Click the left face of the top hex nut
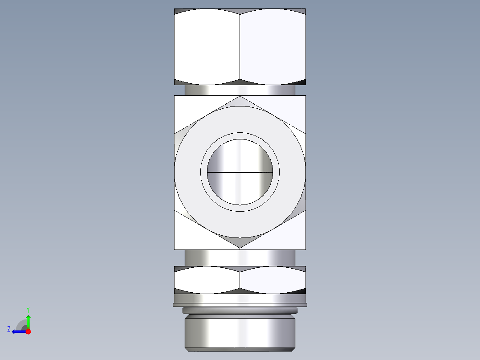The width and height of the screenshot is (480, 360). coord(207,47)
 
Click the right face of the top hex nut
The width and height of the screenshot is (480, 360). coord(273,47)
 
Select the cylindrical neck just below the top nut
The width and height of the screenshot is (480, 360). coord(240,90)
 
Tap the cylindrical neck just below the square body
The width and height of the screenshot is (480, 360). coord(240,257)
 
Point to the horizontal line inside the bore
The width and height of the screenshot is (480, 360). coord(240,172)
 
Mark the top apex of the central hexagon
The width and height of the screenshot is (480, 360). coord(240,97)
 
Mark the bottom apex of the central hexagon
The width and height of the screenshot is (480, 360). coord(240,247)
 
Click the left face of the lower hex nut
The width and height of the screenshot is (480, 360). coord(207,280)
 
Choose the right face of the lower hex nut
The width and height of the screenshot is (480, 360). coord(273,280)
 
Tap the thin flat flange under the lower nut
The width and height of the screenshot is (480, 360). coord(240,305)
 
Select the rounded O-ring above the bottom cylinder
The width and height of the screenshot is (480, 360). coord(240,310)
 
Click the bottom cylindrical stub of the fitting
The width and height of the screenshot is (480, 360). coord(240,332)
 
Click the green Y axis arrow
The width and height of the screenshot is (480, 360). coord(28,320)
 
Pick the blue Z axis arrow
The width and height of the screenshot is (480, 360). coord(18,331)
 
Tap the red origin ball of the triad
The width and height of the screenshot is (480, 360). coord(28,331)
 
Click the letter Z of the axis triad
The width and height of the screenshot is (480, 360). coord(9,329)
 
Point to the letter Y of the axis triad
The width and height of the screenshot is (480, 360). coord(28,309)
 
